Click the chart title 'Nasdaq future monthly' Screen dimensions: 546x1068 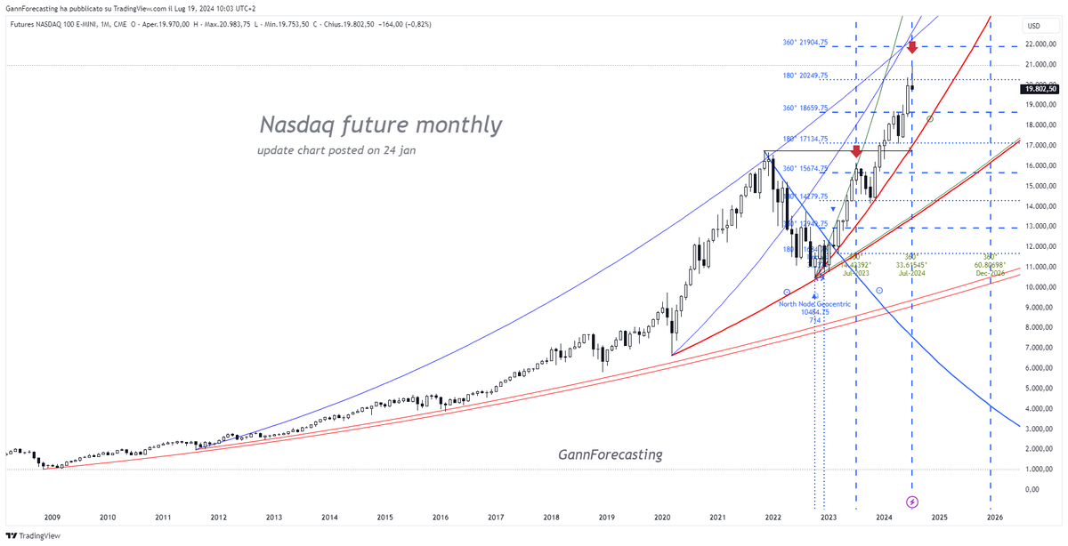(380, 125)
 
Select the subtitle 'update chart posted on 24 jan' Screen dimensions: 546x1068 (336, 150)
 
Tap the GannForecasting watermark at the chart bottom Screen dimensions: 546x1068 (611, 454)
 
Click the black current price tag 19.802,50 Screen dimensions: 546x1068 (1040, 89)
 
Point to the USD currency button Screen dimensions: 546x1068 (1033, 26)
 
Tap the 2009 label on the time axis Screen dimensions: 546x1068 (53, 517)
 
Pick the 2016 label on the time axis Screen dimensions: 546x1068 (441, 517)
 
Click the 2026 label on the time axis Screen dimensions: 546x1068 (995, 517)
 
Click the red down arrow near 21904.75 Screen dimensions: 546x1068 (912, 48)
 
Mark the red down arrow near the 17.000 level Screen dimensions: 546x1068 (856, 152)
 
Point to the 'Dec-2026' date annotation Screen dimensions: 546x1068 (990, 273)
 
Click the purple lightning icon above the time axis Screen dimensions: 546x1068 (911, 502)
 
